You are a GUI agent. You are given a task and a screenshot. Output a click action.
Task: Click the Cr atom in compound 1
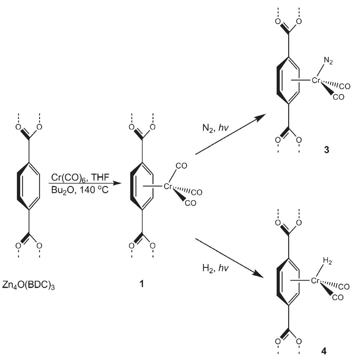(169, 187)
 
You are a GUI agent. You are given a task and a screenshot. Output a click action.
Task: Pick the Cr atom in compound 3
(316, 81)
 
